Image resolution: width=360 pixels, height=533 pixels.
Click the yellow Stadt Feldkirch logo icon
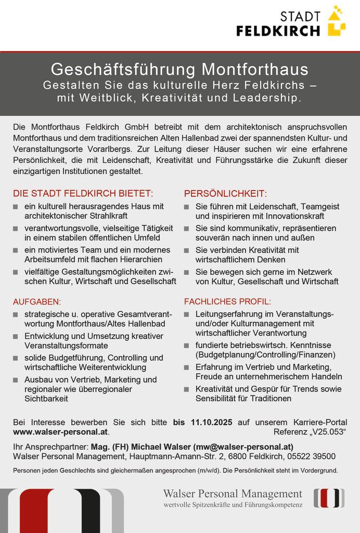point(336,21)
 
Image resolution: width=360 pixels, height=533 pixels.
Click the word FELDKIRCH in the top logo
point(278,31)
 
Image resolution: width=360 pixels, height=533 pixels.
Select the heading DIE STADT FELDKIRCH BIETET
point(83,194)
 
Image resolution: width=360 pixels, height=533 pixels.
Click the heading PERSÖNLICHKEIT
point(225,194)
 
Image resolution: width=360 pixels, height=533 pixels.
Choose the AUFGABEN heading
point(37,301)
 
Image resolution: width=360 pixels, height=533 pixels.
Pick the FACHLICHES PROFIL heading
point(227,301)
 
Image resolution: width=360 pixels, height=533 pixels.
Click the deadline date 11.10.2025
point(211,422)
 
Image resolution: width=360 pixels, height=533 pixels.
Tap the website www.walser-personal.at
point(61,432)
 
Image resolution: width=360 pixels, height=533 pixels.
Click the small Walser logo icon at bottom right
point(329,498)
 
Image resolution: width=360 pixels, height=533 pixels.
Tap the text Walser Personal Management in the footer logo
point(233,493)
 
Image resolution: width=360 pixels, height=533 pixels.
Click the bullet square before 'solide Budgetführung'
point(16,359)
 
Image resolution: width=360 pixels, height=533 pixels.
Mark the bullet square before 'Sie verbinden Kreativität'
point(187,250)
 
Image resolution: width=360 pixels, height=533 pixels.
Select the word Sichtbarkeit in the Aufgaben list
point(46,399)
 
